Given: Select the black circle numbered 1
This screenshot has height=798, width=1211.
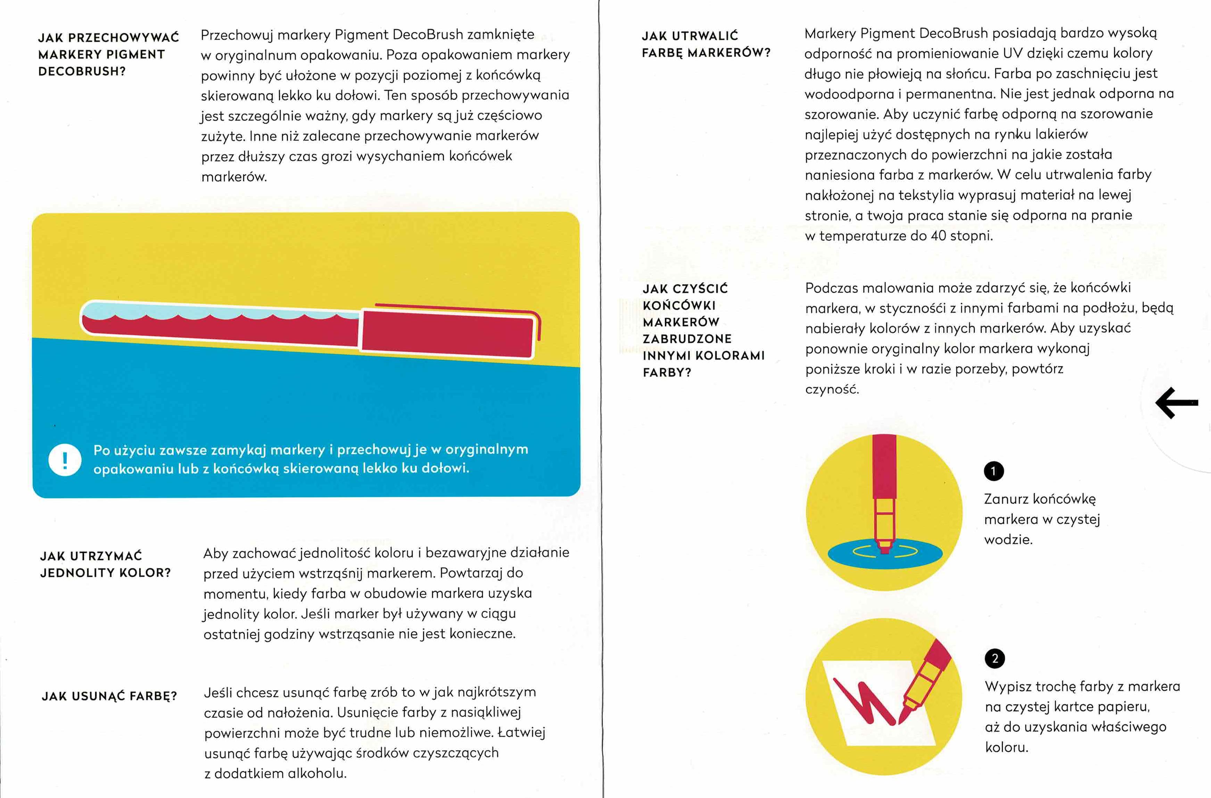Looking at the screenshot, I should [994, 471].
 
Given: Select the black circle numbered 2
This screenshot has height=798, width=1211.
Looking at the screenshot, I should [995, 658].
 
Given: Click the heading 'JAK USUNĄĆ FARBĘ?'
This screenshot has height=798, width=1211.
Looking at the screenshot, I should [109, 696].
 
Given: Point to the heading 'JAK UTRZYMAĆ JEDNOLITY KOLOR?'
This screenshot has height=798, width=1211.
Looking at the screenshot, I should [105, 564].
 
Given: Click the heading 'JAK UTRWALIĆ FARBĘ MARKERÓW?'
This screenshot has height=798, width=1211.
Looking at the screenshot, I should [706, 44].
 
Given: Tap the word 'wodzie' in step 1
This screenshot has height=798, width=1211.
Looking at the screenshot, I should [1008, 539].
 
